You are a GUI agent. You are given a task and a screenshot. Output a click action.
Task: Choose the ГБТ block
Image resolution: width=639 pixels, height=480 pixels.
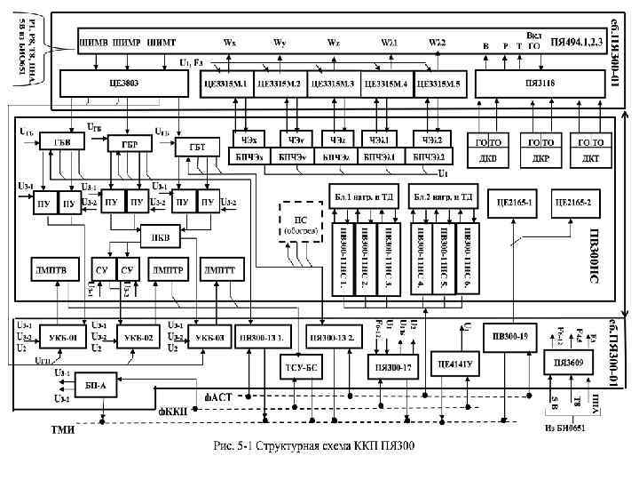[191, 147]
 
